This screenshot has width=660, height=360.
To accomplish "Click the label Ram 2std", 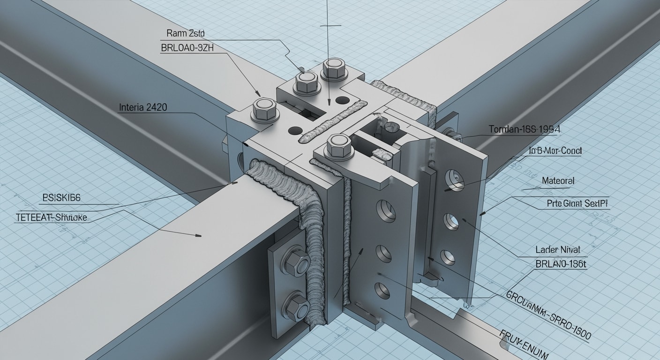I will pyautogui.click(x=186, y=33).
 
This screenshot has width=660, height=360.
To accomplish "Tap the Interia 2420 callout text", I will pyautogui.click(x=142, y=107).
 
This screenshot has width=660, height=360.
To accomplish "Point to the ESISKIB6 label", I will pyautogui.click(x=61, y=198).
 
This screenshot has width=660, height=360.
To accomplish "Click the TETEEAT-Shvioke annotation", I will pyautogui.click(x=52, y=218).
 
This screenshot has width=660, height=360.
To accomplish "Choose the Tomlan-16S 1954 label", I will pyautogui.click(x=524, y=129).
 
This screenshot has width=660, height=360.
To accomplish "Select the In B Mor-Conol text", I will pyautogui.click(x=555, y=151).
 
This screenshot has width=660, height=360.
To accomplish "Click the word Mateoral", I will pyautogui.click(x=558, y=180).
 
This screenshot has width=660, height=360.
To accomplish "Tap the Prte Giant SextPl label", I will pyautogui.click(x=577, y=203).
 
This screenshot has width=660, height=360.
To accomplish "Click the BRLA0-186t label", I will pyautogui.click(x=561, y=264).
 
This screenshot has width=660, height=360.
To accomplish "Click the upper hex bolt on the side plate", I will pyautogui.click(x=295, y=261).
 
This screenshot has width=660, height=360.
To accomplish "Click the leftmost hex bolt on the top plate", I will pyautogui.click(x=265, y=110).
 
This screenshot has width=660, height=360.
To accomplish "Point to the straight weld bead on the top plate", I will pyautogui.click(x=333, y=120).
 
